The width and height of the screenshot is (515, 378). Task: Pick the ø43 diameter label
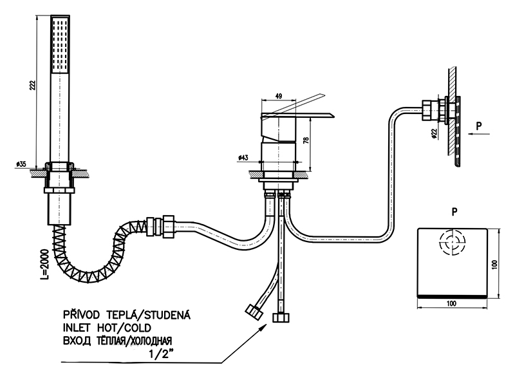(243, 157)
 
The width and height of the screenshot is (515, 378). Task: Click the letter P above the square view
(455, 211)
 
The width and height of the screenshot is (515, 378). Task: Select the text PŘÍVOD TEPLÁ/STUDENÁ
(127, 316)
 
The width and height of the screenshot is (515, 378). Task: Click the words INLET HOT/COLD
(106, 328)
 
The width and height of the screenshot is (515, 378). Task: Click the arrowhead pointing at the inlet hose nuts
(265, 326)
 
